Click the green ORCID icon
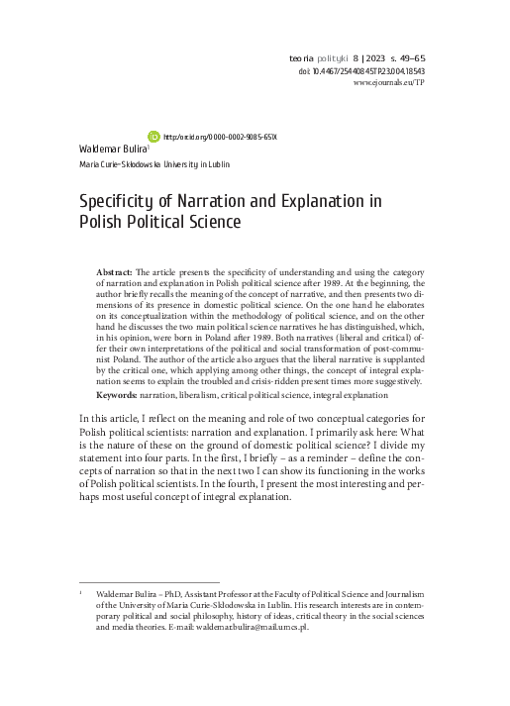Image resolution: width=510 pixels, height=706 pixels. pyautogui.click(x=153, y=136)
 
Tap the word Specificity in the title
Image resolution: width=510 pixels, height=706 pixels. pyautogui.click(x=115, y=201)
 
